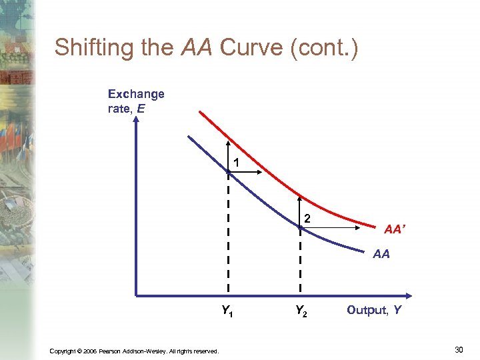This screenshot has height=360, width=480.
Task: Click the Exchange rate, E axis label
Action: click(x=136, y=101)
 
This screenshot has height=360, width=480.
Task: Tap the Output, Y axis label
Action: click(x=373, y=309)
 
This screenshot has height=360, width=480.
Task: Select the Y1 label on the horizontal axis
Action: click(x=228, y=310)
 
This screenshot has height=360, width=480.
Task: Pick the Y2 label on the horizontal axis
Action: click(x=301, y=310)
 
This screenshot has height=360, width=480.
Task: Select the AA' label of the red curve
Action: click(x=393, y=229)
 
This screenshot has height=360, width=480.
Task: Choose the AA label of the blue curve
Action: click(x=381, y=254)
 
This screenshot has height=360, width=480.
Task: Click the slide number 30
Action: click(x=459, y=349)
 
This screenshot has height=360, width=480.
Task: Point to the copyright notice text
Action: click(x=134, y=351)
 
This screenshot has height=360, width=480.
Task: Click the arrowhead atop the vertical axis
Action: click(x=136, y=122)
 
